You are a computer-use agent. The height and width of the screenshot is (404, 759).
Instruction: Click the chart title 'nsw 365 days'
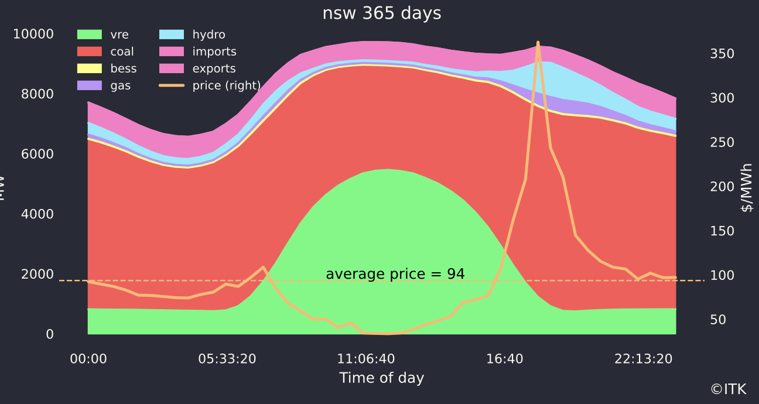click(x=382, y=13)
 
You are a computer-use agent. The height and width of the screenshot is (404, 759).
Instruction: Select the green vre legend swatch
click(x=90, y=35)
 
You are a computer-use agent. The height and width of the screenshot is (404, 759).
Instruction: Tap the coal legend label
click(x=122, y=52)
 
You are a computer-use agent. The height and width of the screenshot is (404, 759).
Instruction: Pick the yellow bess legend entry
click(x=90, y=69)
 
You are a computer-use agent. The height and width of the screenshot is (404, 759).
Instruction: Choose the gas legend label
click(x=121, y=85)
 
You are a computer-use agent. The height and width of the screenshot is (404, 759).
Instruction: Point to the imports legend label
click(x=214, y=52)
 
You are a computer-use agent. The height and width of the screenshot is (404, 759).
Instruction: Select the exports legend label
click(x=214, y=69)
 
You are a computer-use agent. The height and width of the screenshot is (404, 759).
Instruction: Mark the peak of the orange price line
click(x=538, y=43)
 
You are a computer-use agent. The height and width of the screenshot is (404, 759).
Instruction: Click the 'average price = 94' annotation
click(x=395, y=274)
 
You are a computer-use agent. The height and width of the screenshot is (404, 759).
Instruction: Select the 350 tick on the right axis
click(x=722, y=54)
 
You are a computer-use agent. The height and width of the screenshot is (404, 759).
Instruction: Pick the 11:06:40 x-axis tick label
click(x=367, y=359)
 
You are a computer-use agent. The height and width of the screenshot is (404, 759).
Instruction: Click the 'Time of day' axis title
click(x=382, y=378)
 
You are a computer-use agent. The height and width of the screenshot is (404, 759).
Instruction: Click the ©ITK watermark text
click(x=729, y=389)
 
